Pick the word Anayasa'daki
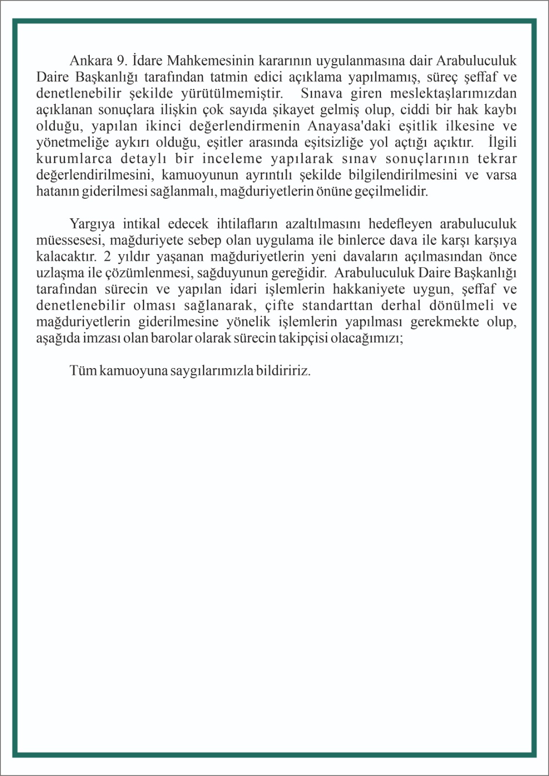[x=347, y=126]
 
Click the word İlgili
[x=502, y=143]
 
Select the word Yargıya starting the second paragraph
[x=92, y=224]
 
